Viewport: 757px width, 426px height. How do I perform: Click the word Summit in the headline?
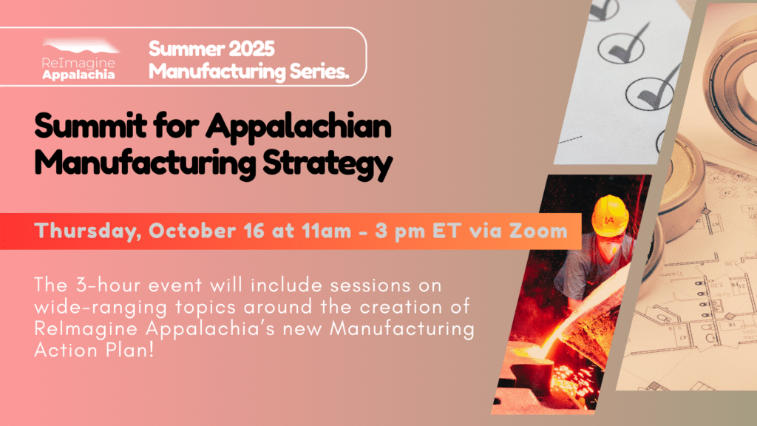pyautogui.click(x=90, y=126)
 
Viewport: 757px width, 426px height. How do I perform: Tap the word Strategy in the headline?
pyautogui.click(x=327, y=164)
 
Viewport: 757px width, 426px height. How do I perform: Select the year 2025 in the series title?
pyautogui.click(x=251, y=49)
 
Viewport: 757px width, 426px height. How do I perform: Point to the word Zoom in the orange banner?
pyautogui.click(x=538, y=231)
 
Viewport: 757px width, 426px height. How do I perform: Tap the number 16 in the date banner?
pyautogui.click(x=254, y=231)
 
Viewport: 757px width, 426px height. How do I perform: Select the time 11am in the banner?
pyautogui.click(x=326, y=231)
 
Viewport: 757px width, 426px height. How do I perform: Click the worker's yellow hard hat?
pyautogui.click(x=610, y=215)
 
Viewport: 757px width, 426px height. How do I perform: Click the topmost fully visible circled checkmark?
pyautogui.click(x=621, y=47)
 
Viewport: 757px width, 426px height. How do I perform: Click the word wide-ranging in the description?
pyautogui.click(x=101, y=308)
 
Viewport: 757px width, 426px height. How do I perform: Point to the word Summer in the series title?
pyautogui.click(x=186, y=49)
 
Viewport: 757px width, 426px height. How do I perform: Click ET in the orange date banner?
pyautogui.click(x=447, y=231)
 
